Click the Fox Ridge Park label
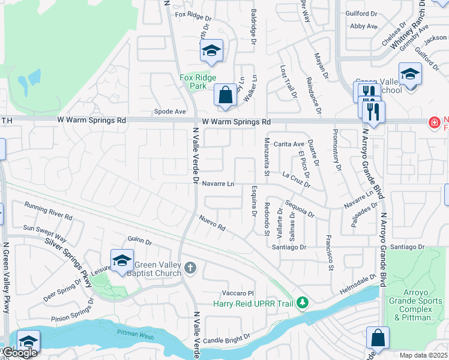[194, 82]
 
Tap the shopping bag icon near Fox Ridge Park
[225, 95]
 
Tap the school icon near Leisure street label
[122, 261]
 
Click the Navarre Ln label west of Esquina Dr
[218, 184]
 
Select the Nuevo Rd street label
[212, 224]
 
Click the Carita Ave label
[289, 144]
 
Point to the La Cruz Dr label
[295, 179]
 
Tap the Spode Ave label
[170, 112]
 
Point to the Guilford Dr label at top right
[361, 13]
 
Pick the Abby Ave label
[364, 26]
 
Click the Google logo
[20, 353]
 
